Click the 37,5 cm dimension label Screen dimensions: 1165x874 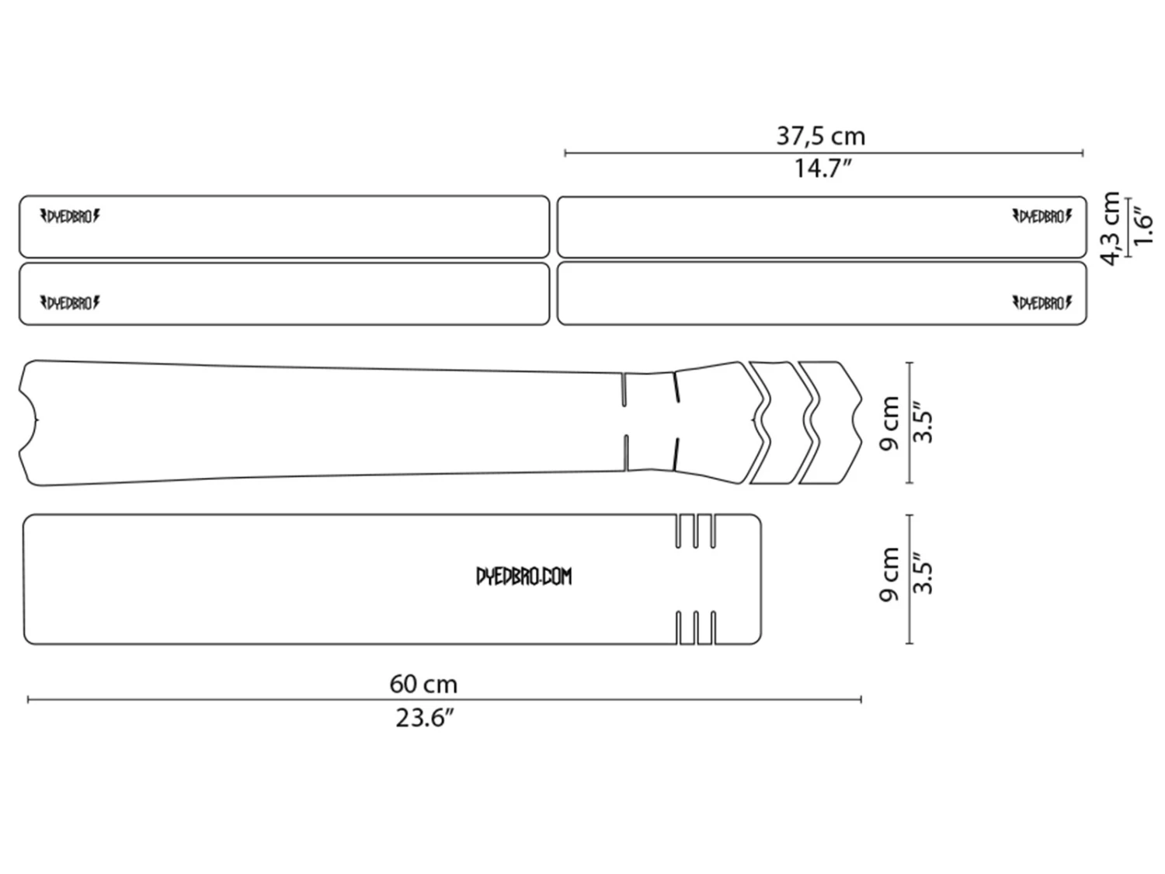point(820,136)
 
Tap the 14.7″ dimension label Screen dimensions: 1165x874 point(822,169)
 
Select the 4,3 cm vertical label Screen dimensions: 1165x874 point(1110,228)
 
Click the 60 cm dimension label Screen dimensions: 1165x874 point(423,684)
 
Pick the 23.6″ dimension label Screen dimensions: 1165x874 point(425,719)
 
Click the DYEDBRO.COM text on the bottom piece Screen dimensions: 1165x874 point(523,576)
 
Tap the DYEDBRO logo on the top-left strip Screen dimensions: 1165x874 point(70,217)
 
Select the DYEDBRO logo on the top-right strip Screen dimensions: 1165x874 point(1042,217)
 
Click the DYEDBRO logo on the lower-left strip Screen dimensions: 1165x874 point(70,303)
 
